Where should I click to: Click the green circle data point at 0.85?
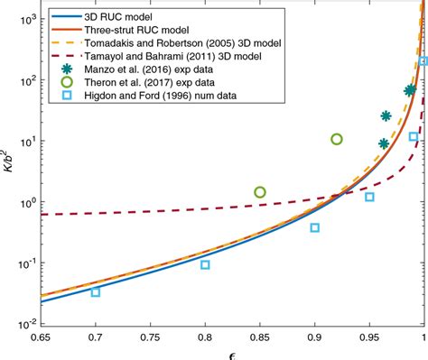point(260,192)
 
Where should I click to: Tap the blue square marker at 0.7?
point(96,291)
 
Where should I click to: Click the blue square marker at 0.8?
point(205,264)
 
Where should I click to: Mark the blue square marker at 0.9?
point(315,227)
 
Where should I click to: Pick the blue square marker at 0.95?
point(369,197)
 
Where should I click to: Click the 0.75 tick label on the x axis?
point(150,337)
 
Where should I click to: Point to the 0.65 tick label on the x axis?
point(41,337)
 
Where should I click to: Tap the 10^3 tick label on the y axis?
point(24,18)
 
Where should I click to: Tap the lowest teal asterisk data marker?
point(384,143)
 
